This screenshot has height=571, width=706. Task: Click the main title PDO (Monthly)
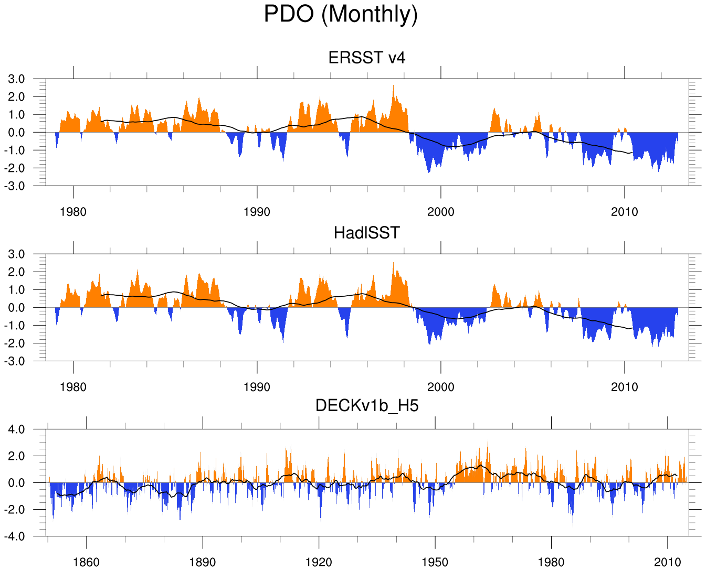pyautogui.click(x=341, y=14)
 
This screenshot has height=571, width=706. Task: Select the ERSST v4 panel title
pyautogui.click(x=367, y=57)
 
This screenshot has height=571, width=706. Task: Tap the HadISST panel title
pyautogui.click(x=367, y=232)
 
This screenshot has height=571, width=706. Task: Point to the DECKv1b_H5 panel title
pyautogui.click(x=367, y=405)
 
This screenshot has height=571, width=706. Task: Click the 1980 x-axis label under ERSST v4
pyautogui.click(x=73, y=212)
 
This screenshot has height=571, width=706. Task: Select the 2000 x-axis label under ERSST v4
pyautogui.click(x=441, y=212)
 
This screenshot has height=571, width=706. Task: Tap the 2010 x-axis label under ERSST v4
pyautogui.click(x=625, y=212)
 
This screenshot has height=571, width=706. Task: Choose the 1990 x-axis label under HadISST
pyautogui.click(x=257, y=387)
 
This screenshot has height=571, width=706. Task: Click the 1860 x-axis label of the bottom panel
pyautogui.click(x=86, y=563)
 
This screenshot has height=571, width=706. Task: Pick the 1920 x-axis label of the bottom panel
pyautogui.click(x=319, y=563)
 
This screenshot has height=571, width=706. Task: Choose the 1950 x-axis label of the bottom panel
pyautogui.click(x=435, y=563)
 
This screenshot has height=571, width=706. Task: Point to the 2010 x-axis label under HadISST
pyautogui.click(x=625, y=387)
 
